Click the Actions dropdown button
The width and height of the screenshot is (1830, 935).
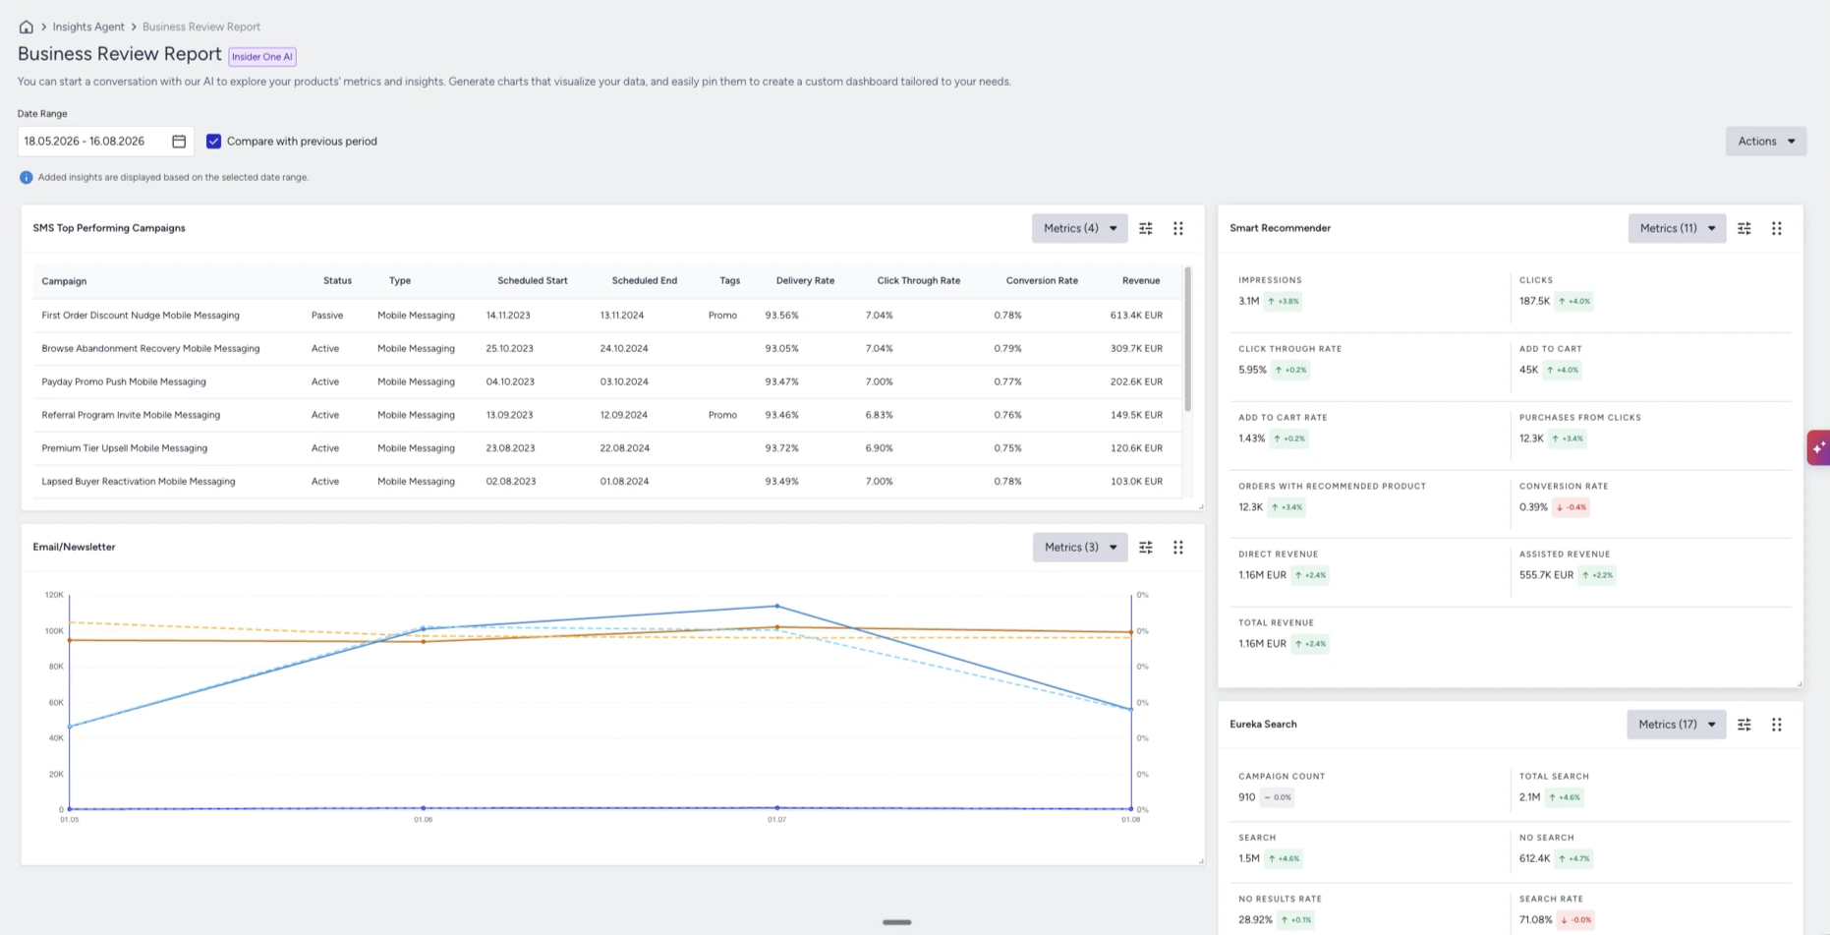(x=1765, y=142)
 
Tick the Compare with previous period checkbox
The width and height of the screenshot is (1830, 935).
(x=213, y=142)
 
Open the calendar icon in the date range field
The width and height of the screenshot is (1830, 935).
(x=179, y=142)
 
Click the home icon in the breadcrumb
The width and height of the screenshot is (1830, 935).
(x=27, y=27)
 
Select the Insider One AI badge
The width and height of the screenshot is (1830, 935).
(x=262, y=57)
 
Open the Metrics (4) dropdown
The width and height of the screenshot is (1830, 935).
(x=1079, y=228)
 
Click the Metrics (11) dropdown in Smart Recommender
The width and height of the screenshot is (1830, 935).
(x=1677, y=228)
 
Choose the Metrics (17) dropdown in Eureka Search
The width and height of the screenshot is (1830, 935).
(x=1677, y=725)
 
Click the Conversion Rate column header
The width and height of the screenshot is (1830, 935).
(x=1042, y=281)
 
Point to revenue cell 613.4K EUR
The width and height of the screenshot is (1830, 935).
(x=1136, y=316)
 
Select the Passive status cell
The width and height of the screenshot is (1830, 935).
(x=327, y=316)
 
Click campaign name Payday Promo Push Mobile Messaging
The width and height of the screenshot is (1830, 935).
(x=124, y=381)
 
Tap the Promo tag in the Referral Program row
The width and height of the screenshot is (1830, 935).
(x=722, y=415)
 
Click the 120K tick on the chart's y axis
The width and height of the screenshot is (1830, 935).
(x=54, y=595)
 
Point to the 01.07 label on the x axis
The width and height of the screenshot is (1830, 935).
(x=776, y=819)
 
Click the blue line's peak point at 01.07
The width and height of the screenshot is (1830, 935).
(x=776, y=606)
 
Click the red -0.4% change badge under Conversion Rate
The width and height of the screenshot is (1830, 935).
(x=1572, y=507)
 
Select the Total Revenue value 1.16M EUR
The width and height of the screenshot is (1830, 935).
(x=1262, y=644)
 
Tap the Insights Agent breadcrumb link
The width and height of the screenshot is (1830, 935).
(x=88, y=27)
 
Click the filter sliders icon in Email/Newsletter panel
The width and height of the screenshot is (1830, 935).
(x=1146, y=548)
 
